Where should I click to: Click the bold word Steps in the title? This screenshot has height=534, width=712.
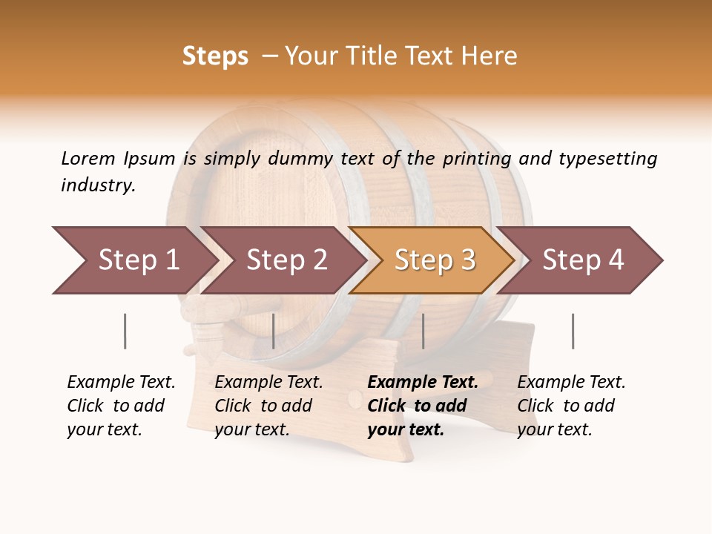pos(215,56)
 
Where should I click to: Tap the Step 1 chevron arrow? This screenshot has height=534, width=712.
pos(133,260)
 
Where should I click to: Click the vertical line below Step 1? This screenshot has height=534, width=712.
pos(125,331)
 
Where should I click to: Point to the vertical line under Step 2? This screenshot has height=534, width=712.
pos(274,331)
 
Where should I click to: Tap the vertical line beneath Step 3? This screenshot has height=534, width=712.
pos(423,331)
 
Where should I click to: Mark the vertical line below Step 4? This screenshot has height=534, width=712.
pos(573,331)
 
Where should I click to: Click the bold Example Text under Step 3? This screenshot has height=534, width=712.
pos(422,406)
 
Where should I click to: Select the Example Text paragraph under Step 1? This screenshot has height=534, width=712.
pos(121,406)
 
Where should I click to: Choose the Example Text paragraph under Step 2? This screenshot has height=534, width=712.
pos(268,406)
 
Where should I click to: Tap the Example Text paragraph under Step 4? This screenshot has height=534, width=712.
pos(571,406)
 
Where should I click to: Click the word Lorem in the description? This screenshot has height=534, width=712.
pos(88,158)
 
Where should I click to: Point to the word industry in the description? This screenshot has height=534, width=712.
pos(98,185)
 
